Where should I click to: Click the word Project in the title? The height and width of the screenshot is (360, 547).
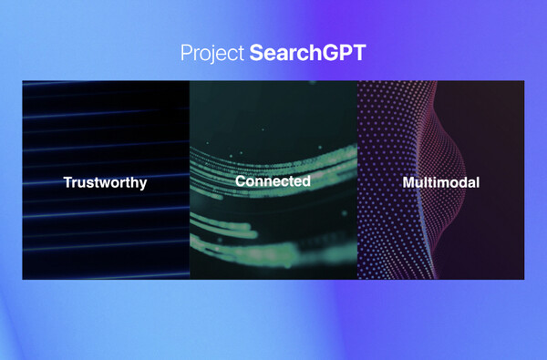tap(212, 53)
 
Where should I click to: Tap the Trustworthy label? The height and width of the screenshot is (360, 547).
tap(105, 182)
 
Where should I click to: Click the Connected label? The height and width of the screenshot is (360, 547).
tap(273, 181)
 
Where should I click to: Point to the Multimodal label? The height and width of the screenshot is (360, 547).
tap(440, 182)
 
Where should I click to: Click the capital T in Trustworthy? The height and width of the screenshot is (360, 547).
tap(67, 182)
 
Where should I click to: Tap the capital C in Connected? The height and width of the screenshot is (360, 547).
tap(240, 181)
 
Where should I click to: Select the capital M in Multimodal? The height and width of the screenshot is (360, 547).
tap(408, 182)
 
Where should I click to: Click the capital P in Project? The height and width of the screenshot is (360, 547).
tap(186, 53)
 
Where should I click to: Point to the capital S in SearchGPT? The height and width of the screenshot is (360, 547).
tap(256, 53)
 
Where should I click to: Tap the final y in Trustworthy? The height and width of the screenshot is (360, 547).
tap(142, 184)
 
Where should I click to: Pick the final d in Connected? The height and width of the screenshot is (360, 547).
tap(305, 181)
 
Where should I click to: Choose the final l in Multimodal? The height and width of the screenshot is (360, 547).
tap(477, 182)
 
